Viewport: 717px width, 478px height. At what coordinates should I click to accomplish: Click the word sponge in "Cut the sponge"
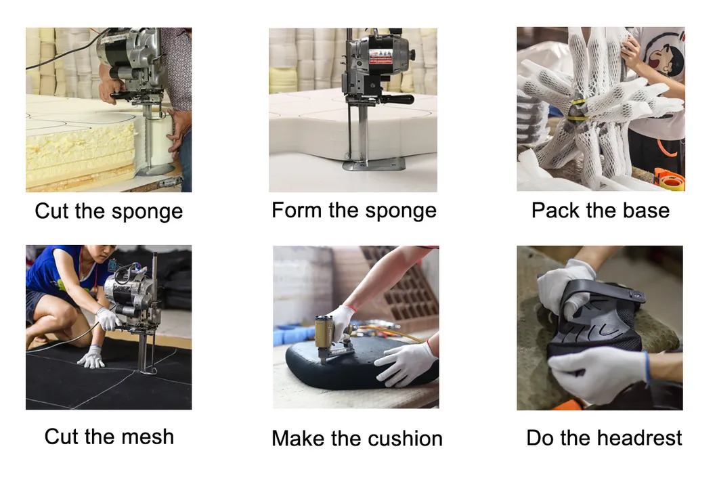[x=147, y=212]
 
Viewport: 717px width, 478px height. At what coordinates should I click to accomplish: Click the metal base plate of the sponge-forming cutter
[x=374, y=163]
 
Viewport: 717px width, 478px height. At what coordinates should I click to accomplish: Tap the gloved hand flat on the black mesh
[x=92, y=357]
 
